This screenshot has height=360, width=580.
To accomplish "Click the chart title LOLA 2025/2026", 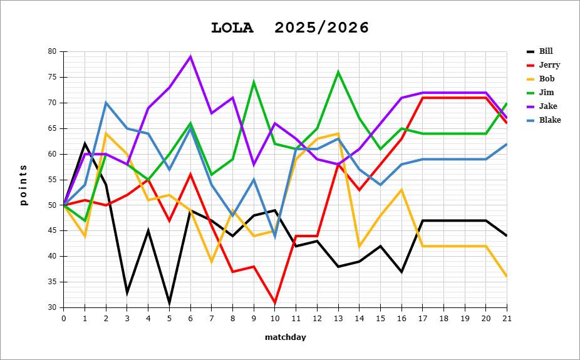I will [290, 28].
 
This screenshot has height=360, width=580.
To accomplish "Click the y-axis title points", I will [23, 185].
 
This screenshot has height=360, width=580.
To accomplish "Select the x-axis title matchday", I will [285, 337].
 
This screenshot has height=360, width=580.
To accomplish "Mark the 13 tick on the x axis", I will [338, 318].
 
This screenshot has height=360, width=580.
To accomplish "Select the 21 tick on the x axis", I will [507, 318].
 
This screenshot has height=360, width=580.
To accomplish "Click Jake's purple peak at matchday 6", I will [190, 56].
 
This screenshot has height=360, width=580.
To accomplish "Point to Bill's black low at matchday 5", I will [169, 302].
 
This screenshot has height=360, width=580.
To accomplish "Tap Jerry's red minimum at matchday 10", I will [274, 302].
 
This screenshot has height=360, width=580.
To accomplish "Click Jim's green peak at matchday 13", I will [338, 72].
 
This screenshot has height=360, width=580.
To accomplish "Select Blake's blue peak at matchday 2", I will [106, 103].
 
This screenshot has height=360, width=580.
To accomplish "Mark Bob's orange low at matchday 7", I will [211, 262].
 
